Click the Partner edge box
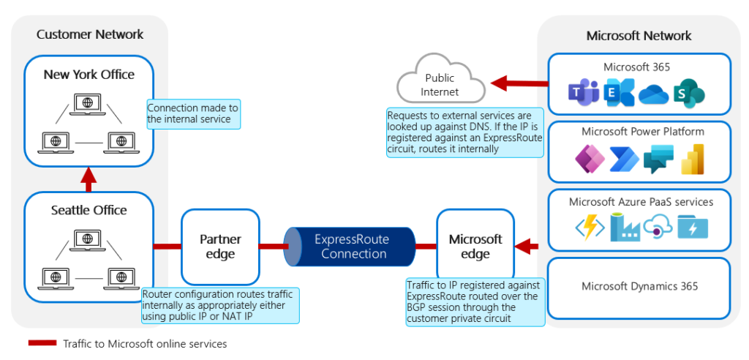(220, 247)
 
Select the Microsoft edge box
(475, 247)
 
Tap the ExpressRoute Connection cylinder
(353, 247)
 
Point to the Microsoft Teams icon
(584, 93)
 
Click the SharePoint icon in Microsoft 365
(689, 94)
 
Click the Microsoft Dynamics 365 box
(639, 287)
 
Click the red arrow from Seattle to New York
(89, 178)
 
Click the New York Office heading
(89, 74)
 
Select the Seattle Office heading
(89, 210)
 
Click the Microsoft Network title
(639, 36)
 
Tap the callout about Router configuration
(220, 305)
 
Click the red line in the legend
(42, 343)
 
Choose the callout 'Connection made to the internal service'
(193, 113)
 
